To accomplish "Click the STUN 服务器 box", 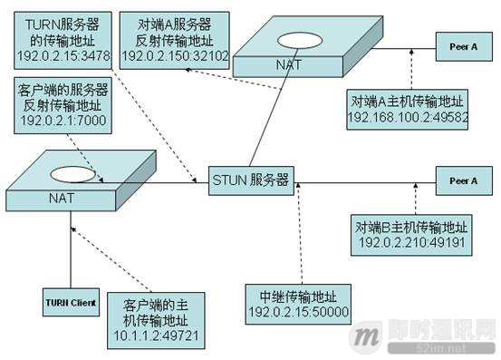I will tap(250, 179).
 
